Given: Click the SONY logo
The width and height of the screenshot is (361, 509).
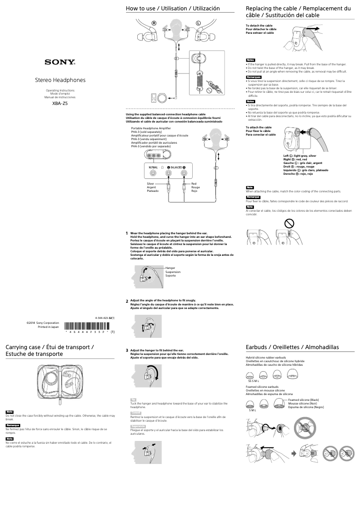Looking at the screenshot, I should click(60, 62).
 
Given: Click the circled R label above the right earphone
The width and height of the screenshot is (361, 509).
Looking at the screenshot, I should click(154, 23).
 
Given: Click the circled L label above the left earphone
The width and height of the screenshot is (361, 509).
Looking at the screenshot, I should click(198, 23).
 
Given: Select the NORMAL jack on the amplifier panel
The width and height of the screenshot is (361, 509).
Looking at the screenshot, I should click(154, 173).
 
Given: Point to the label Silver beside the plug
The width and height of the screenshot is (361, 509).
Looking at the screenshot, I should click(151, 184).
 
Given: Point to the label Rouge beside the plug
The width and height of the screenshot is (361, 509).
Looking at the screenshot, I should click(196, 187).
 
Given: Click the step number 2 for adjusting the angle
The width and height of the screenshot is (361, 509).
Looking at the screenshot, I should click(127, 301).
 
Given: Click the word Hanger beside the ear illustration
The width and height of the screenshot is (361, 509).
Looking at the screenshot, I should click(170, 268).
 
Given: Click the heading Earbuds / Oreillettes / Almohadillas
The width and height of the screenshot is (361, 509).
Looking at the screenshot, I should click(292, 347).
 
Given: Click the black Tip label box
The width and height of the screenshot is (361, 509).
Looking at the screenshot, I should click(133, 400).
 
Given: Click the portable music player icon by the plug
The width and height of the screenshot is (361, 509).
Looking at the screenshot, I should click(160, 97).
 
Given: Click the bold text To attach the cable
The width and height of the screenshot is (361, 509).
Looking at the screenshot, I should click(258, 127).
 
